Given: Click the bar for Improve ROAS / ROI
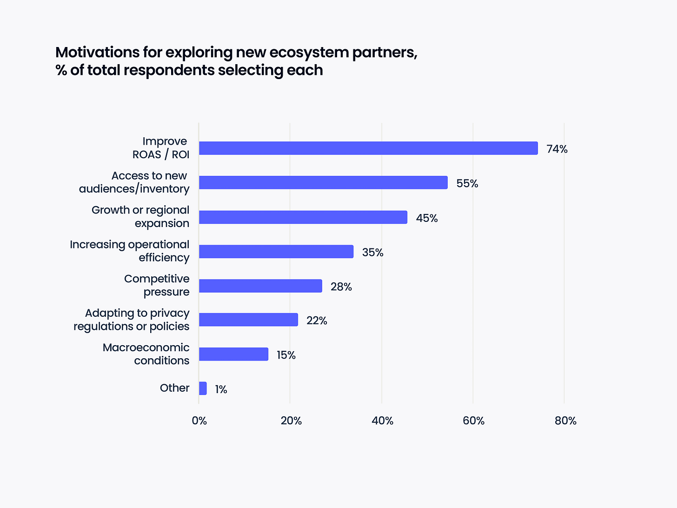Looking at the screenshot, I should pyautogui.click(x=368, y=148).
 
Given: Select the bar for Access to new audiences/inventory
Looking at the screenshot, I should pyautogui.click(x=323, y=183).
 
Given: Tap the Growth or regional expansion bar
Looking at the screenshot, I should pyautogui.click(x=303, y=217).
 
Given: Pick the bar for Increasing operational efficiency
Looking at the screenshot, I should pyautogui.click(x=276, y=252).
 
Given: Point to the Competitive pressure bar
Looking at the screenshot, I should pyautogui.click(x=260, y=286).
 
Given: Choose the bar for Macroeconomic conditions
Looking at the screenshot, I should pyautogui.click(x=233, y=354).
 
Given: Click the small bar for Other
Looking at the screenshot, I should pyautogui.click(x=203, y=388).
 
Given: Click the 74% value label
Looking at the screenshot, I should pyautogui.click(x=557, y=149).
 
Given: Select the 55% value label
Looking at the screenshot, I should pyautogui.click(x=467, y=184).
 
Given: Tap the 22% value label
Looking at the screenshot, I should pyautogui.click(x=317, y=321).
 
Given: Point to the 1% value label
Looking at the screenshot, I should pyautogui.click(x=221, y=390).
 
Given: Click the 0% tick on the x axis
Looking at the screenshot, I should pyautogui.click(x=199, y=421).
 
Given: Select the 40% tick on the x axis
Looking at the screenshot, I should pyautogui.click(x=383, y=421).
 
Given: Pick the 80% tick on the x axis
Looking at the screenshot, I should pyautogui.click(x=566, y=421).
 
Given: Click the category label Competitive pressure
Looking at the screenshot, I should pyautogui.click(x=157, y=285).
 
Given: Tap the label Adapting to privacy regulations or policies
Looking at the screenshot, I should pyautogui.click(x=132, y=320).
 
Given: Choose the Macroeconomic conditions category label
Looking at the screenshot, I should pyautogui.click(x=146, y=354).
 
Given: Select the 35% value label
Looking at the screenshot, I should pyautogui.click(x=373, y=253).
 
